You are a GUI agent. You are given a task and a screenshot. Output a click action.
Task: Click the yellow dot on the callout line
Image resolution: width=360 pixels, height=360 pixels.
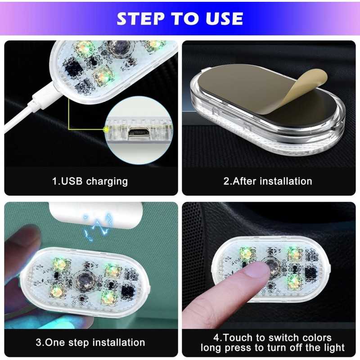pyautogui.click(x=106, y=130)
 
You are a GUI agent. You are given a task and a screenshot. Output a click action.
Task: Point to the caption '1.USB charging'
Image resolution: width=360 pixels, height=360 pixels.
pyautogui.click(x=90, y=181)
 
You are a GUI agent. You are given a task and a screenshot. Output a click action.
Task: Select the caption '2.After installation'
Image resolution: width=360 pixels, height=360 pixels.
pyautogui.click(x=268, y=181)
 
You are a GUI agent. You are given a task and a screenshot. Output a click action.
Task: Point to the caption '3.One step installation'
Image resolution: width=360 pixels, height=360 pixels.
pyautogui.click(x=90, y=342)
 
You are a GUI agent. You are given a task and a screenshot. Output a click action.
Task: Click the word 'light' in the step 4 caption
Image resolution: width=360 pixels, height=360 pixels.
pyautogui.click(x=334, y=347)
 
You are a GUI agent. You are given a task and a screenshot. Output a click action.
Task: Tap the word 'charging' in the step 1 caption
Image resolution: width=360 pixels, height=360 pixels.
pyautogui.click(x=107, y=181)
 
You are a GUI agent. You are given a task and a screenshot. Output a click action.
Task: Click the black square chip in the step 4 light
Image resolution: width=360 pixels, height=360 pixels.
pyautogui.click(x=311, y=273)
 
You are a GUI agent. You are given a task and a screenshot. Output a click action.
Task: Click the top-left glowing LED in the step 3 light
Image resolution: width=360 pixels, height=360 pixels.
pyautogui.click(x=59, y=264)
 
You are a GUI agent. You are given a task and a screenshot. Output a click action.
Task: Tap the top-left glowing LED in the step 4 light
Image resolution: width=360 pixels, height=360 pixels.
pyautogui.click(x=246, y=253)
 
